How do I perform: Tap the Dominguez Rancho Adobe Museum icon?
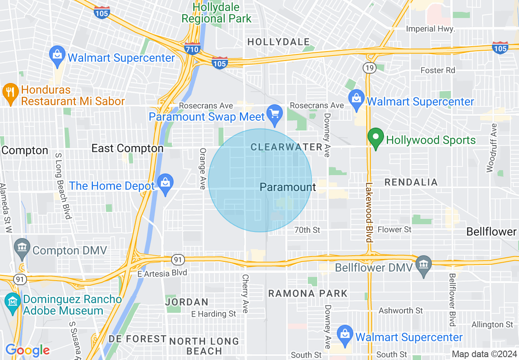point(13,303)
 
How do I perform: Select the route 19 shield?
point(369,68)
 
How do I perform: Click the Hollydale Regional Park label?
point(217,13)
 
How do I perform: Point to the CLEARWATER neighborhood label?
point(287,147)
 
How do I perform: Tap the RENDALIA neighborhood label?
point(411,182)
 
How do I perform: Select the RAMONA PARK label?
point(308,293)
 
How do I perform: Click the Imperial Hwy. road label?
point(430,29)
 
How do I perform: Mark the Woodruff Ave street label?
point(492,148)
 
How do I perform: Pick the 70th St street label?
point(307,230)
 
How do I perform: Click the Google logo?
point(27,350)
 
